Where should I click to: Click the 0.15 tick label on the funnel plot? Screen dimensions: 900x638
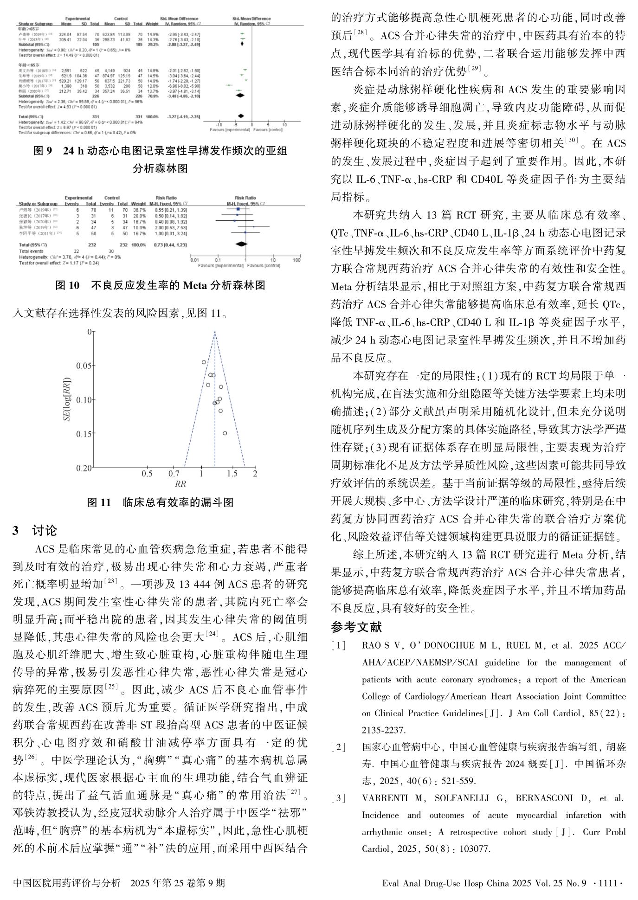(x=84, y=434)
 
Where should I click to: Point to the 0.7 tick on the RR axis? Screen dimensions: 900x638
(x=174, y=474)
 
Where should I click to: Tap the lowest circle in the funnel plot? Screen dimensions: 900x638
(x=225, y=433)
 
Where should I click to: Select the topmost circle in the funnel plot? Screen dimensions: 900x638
(x=204, y=362)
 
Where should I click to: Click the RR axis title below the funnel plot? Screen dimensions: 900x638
(x=180, y=484)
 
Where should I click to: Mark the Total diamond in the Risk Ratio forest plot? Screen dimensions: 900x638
(x=241, y=244)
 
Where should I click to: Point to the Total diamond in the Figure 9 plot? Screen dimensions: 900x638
(x=240, y=116)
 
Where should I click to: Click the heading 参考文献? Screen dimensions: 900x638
(x=356, y=627)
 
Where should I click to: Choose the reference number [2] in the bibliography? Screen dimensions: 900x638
(x=338, y=747)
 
